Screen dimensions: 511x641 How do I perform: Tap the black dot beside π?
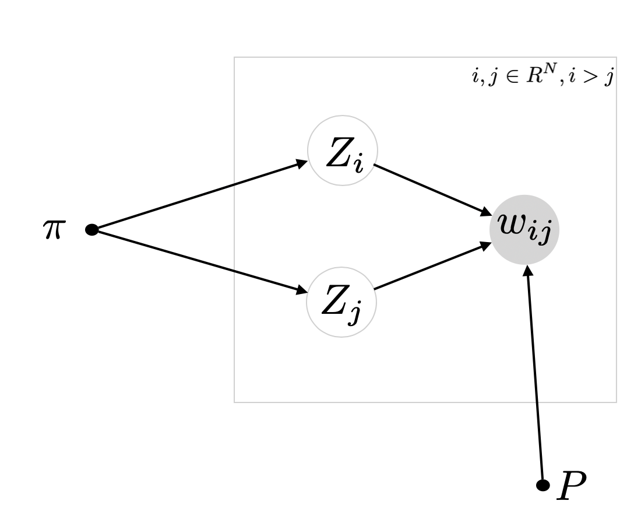tap(91, 230)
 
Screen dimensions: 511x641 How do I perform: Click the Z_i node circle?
tap(343, 151)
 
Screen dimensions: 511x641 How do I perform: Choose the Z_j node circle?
tap(342, 303)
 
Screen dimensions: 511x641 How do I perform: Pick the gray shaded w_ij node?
tap(524, 229)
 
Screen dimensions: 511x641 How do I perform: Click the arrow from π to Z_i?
tap(198, 195)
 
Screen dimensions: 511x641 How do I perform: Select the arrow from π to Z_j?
tap(198, 261)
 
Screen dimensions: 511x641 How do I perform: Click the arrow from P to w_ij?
tap(535, 373)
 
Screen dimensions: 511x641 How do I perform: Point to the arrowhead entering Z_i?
tap(302, 162)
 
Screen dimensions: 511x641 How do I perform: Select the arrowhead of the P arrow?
tap(527, 270)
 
